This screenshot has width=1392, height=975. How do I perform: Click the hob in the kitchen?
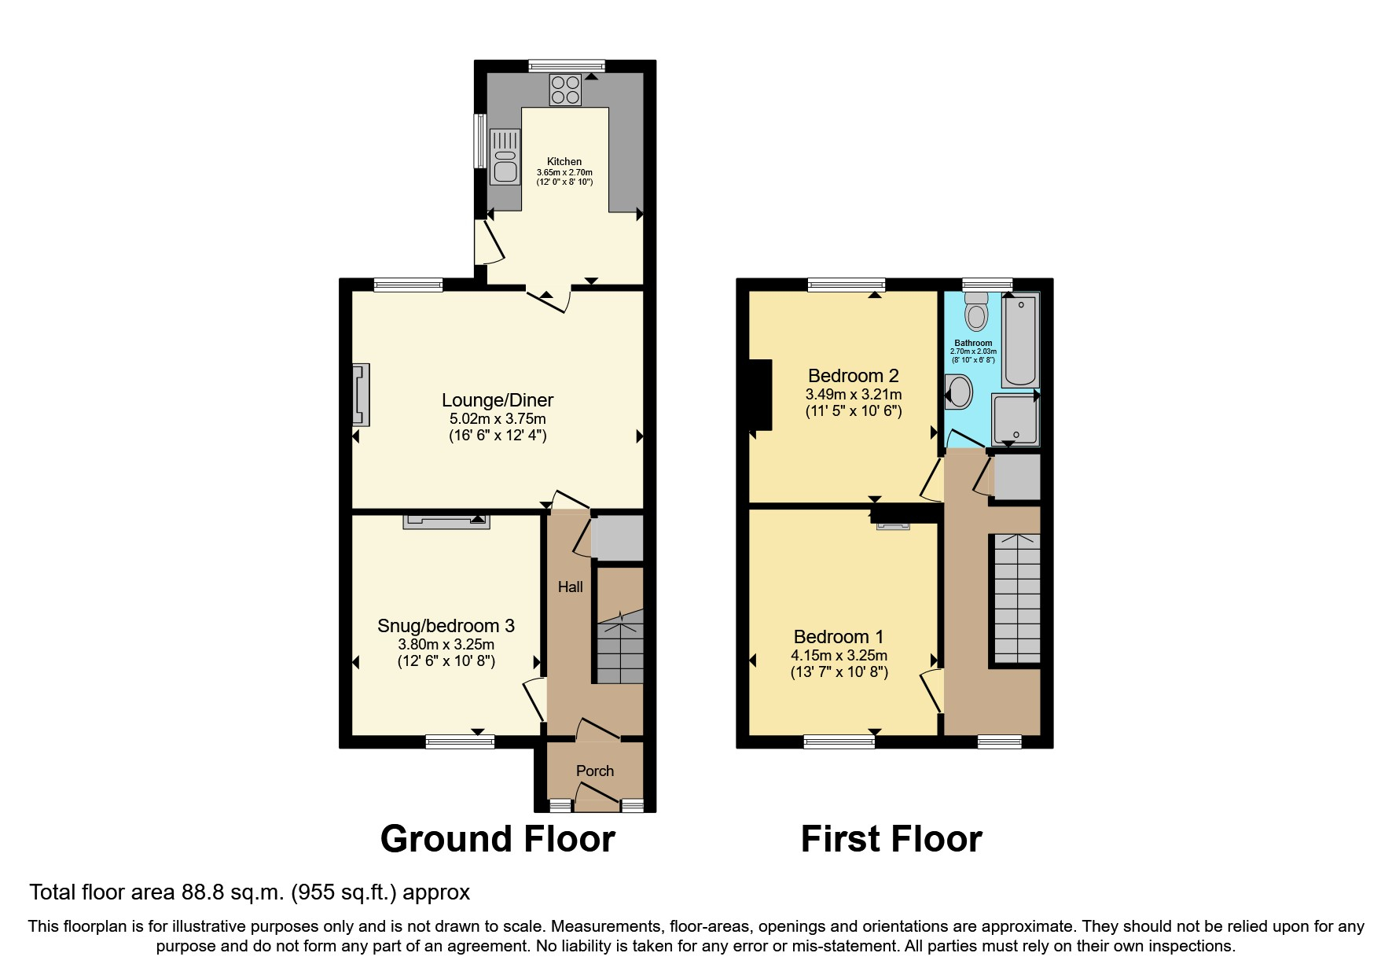pos(566,90)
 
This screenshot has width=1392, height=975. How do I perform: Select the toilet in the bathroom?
pos(976,313)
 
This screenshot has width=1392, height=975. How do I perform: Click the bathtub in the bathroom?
pos(1020,340)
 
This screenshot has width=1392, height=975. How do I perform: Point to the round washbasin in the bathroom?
pos(959,392)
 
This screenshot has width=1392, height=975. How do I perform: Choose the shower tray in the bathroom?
pos(1016,420)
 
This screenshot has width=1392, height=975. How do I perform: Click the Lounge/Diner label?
pos(498,400)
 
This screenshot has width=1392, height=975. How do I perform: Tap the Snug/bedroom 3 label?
pos(446,626)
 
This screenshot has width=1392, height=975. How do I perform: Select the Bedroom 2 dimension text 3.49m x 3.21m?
pos(854,395)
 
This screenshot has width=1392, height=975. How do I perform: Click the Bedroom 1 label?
pos(839,637)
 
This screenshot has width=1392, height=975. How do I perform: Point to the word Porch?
pos(595,771)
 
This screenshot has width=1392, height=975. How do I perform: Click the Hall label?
pos(571,587)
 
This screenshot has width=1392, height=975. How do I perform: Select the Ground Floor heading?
pos(498,839)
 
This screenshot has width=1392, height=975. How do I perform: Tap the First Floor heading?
pos(891,839)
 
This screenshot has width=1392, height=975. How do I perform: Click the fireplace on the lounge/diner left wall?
pos(361,393)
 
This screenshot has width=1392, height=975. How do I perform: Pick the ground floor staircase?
pos(619,649)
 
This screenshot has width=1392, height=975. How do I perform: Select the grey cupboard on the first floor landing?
pos(1017,476)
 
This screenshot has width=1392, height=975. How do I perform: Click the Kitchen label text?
pos(564,161)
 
